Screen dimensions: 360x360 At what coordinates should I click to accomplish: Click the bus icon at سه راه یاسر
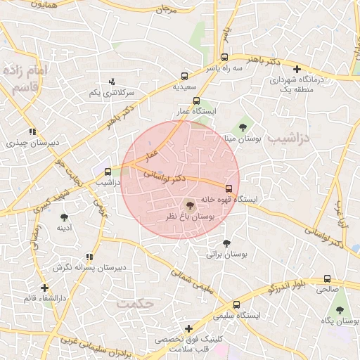[224, 58]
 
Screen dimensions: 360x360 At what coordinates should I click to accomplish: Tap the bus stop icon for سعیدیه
[185, 76]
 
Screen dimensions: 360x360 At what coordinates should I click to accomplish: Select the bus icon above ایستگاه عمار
[196, 101]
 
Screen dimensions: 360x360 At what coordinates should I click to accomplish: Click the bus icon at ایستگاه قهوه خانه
[229, 188]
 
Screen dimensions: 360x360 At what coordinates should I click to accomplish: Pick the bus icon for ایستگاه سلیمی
[236, 305]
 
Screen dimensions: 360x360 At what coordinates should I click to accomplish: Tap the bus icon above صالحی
[327, 278]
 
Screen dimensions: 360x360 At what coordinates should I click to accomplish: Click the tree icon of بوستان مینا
[243, 127]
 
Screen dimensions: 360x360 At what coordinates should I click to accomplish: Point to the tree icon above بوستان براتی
[226, 243]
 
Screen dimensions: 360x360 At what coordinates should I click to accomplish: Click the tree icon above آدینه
[65, 217]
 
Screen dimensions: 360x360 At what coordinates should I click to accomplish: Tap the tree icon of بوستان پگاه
[340, 310]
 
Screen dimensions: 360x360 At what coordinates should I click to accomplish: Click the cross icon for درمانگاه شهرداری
[297, 70]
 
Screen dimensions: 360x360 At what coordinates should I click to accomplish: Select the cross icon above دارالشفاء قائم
[44, 288]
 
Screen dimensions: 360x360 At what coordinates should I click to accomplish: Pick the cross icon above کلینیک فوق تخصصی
[188, 328]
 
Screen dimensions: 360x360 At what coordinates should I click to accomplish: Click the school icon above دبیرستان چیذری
[32, 131]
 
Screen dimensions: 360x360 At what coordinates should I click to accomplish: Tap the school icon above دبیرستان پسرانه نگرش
[89, 257]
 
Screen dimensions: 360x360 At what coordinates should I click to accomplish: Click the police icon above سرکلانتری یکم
[112, 82]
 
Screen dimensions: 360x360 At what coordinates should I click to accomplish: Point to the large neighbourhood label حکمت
[136, 303]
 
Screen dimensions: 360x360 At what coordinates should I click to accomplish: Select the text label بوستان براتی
[224, 255]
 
